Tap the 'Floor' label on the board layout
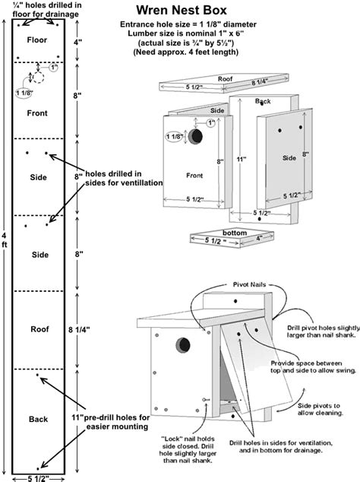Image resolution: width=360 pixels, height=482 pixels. coord(36,39)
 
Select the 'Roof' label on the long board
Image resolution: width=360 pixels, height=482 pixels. coord(39,329)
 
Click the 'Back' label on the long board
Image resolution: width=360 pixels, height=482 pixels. coord(38,419)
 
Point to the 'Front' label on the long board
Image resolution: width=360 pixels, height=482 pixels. coord(36,113)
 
